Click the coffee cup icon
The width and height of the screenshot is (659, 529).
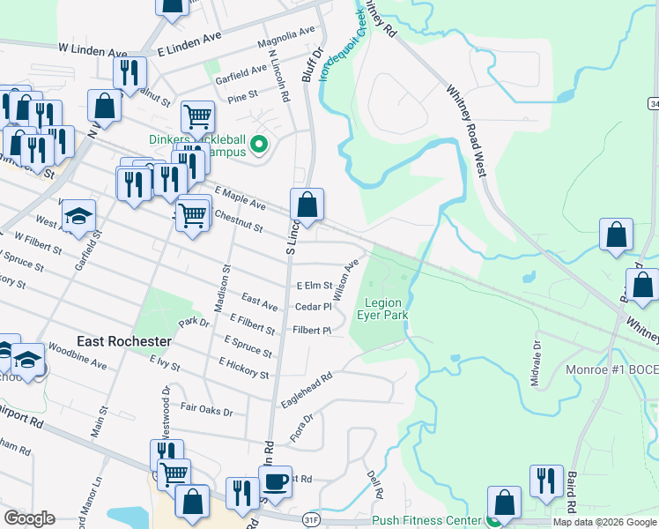(x=275, y=481)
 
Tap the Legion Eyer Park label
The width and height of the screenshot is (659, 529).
(x=383, y=309)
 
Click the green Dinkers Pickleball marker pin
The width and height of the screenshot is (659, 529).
(x=259, y=145)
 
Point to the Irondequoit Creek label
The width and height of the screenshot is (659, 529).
(x=342, y=45)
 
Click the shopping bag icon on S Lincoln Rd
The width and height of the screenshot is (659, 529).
(x=307, y=205)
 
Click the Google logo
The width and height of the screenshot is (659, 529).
(x=29, y=518)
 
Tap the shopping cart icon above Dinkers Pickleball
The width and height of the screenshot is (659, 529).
(x=198, y=115)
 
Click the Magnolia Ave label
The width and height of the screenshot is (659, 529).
(x=285, y=37)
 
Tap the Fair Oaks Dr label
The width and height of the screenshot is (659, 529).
(x=206, y=411)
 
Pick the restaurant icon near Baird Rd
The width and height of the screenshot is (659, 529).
(x=546, y=481)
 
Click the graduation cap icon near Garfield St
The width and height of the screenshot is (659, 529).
(x=78, y=216)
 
